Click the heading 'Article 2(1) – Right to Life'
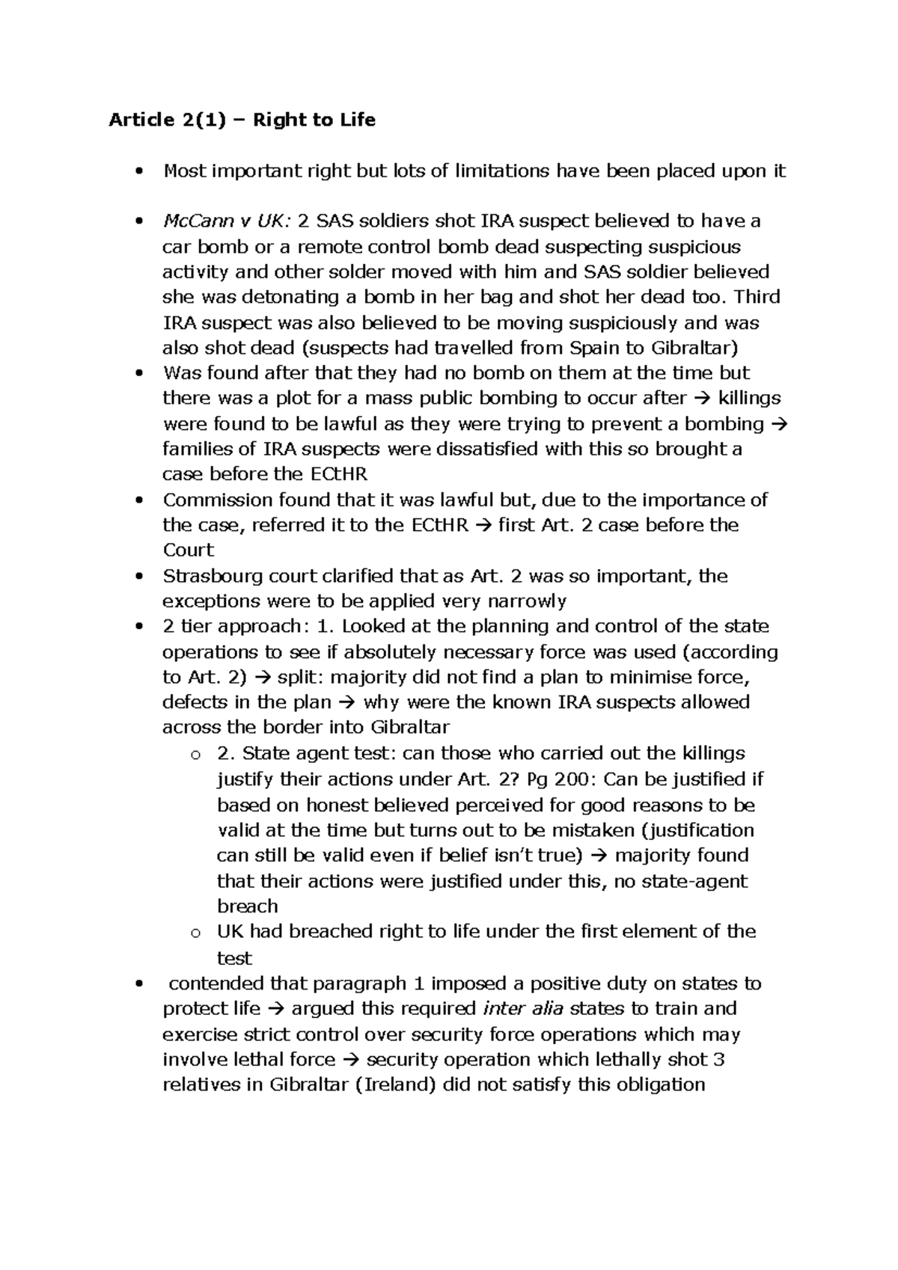tap(242, 120)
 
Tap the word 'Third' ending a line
tap(757, 297)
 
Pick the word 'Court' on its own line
tap(188, 550)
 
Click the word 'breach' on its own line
tap(247, 906)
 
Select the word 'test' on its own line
tap(233, 958)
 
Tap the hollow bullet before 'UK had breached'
tap(196, 932)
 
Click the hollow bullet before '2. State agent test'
tap(196, 754)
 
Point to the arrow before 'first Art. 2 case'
tap(483, 525)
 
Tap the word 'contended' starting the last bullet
tap(216, 983)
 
